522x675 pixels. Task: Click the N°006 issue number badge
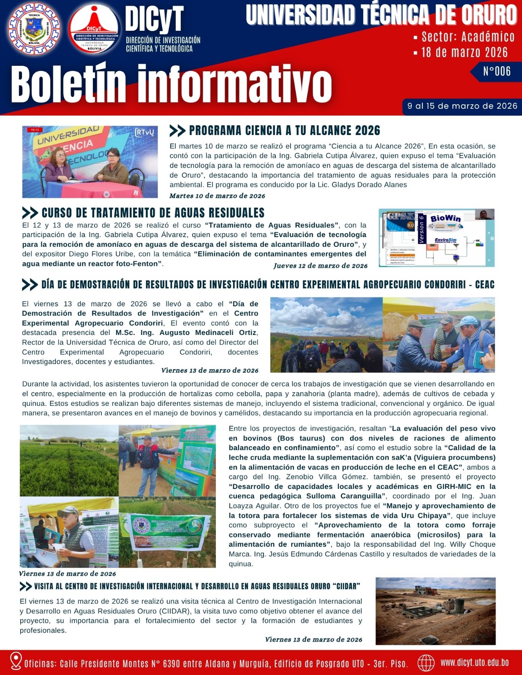tap(497, 71)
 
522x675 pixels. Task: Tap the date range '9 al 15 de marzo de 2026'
tap(462, 106)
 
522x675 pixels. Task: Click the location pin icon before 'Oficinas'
tap(16, 661)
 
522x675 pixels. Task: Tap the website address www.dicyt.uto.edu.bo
tap(474, 662)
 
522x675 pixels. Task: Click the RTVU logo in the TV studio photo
tap(144, 132)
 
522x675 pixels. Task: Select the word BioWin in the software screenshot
tap(445, 219)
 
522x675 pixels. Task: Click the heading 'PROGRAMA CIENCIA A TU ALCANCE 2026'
tap(284, 130)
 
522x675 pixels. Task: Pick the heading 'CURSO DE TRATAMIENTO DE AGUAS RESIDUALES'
tap(153, 213)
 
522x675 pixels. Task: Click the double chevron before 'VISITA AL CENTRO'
tap(26, 586)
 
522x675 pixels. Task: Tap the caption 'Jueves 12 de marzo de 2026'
tap(320, 266)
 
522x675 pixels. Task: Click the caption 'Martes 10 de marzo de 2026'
tap(217, 196)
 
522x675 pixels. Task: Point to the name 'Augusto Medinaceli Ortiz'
tap(208, 332)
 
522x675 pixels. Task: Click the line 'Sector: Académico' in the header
tap(468, 37)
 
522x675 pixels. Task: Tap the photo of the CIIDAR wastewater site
tap(435, 611)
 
